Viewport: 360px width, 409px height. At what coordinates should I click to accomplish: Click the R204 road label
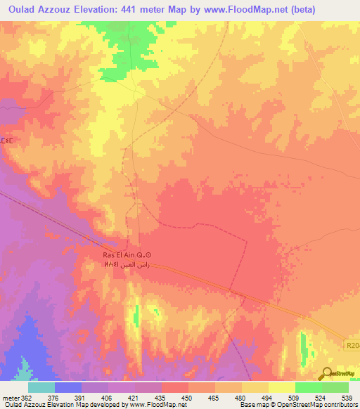[x=352, y=344]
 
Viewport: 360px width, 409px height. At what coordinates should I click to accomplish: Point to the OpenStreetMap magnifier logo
[x=326, y=374]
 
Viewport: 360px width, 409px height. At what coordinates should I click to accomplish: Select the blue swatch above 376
[x=68, y=387]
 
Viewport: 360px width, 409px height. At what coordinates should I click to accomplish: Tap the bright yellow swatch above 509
[x=281, y=387]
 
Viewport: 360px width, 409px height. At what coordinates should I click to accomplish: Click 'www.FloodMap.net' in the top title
[x=238, y=10]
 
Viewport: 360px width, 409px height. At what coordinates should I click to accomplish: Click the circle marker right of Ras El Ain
[x=147, y=255]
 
